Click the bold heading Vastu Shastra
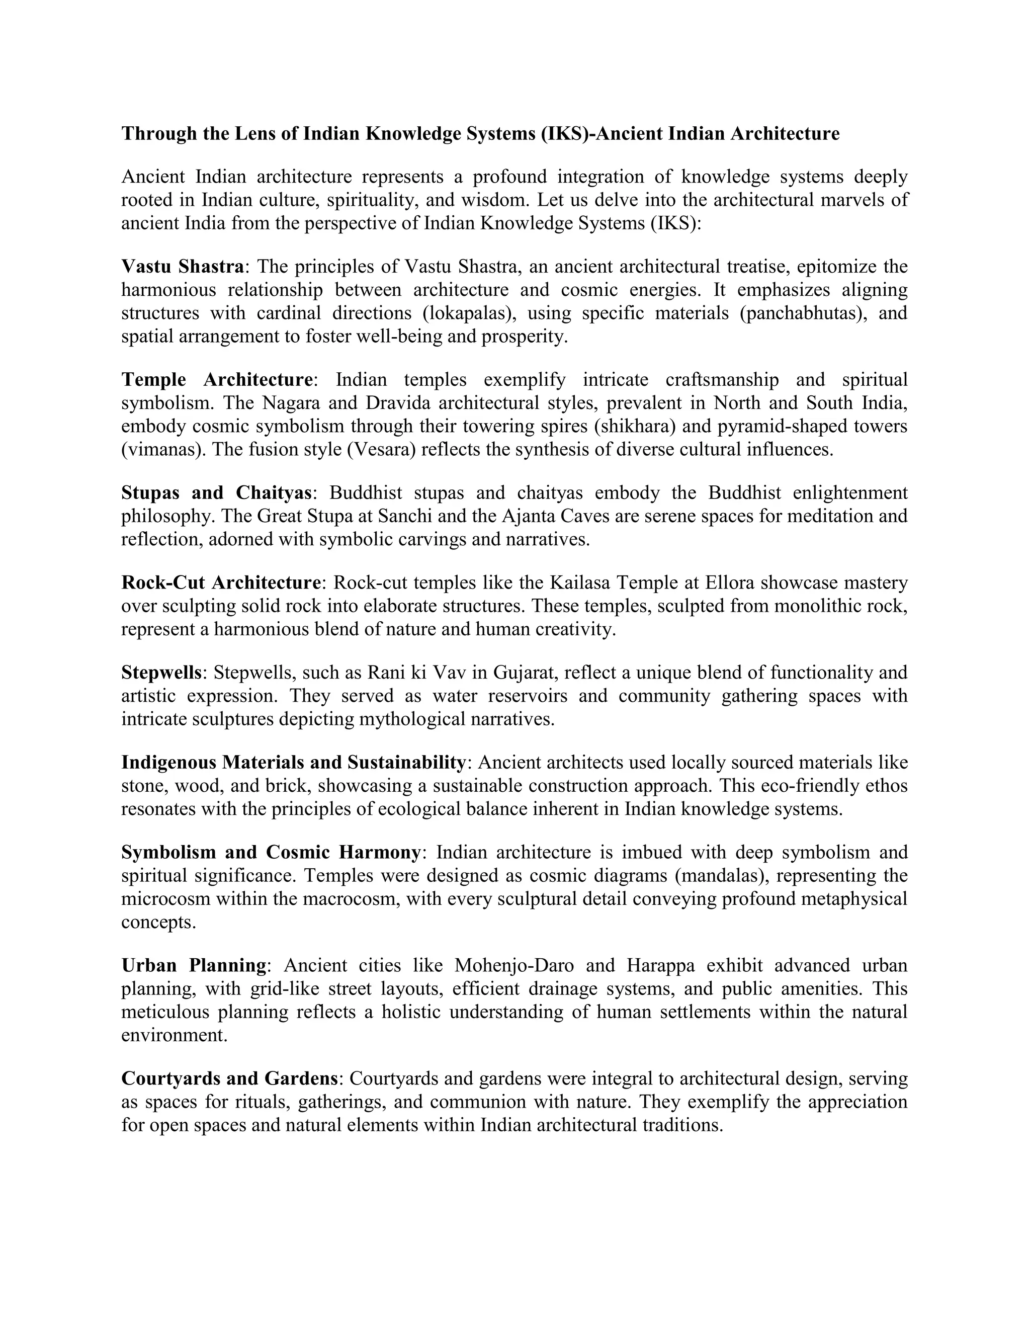[x=183, y=267]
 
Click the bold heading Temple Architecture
[x=217, y=380]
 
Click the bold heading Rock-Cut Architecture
[x=221, y=583]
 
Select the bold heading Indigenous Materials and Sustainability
[x=294, y=762]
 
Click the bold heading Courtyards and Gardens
[x=229, y=1078]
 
